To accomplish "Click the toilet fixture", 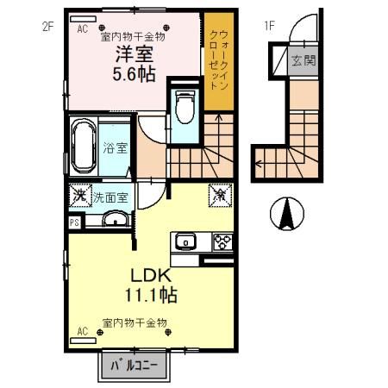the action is click(185, 106).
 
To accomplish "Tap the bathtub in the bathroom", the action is click(84, 147).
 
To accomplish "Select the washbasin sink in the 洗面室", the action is click(116, 219).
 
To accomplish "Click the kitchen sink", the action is click(185, 241).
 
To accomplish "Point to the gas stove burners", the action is click(222, 241).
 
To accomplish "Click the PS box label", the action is click(75, 223).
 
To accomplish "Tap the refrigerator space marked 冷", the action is click(220, 196).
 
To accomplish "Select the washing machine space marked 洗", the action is click(80, 196).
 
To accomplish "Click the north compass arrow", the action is click(287, 214).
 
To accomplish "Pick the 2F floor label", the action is click(48, 27).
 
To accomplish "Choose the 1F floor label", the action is click(269, 26).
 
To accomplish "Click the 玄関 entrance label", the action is click(304, 60).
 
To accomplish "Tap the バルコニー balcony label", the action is click(135, 366).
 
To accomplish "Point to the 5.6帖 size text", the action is click(134, 74).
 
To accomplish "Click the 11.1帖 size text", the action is click(151, 295).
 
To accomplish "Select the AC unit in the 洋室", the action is click(83, 19).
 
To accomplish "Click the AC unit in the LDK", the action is click(83, 341).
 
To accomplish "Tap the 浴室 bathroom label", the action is click(115, 147).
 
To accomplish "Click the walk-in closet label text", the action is click(219, 59).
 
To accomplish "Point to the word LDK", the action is click(151, 276).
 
